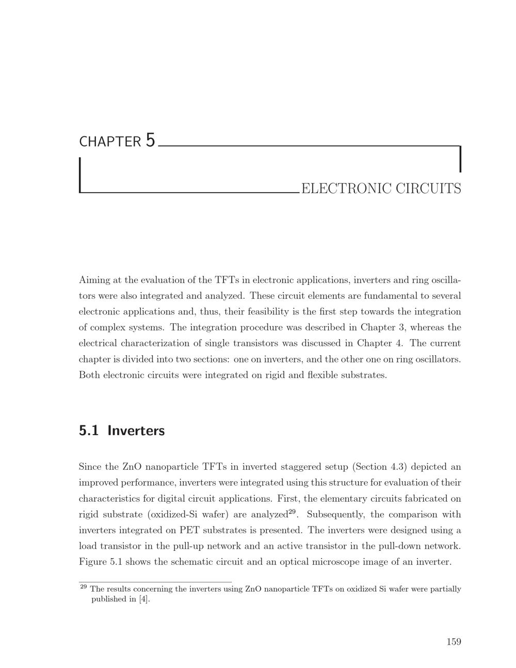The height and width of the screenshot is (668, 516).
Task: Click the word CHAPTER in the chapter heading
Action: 109,142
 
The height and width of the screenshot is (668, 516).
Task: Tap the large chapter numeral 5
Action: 150,140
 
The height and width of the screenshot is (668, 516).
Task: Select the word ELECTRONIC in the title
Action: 346,189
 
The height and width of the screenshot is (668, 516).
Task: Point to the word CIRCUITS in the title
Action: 428,189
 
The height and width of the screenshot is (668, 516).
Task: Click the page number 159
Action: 454,642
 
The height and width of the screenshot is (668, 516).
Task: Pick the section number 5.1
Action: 89,431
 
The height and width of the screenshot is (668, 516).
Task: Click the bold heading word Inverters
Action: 136,431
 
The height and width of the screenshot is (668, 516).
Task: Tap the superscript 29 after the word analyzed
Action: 292,512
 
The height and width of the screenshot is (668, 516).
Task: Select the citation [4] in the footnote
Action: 144,599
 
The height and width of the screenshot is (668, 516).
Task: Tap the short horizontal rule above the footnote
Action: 155,582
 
